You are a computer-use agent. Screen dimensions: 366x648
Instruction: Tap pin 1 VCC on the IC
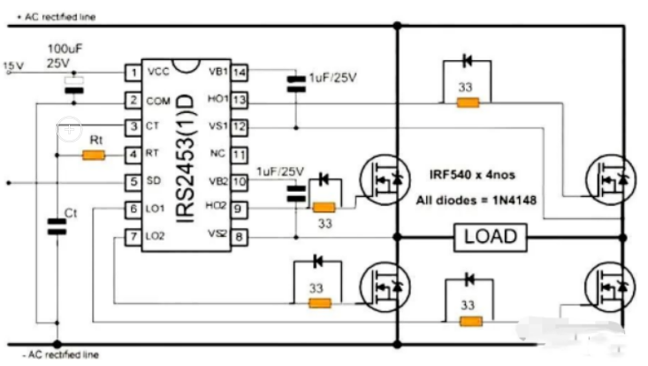(x=133, y=72)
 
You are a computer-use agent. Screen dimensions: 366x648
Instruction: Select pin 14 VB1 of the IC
(x=240, y=72)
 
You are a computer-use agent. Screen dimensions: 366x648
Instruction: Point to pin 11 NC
(x=240, y=154)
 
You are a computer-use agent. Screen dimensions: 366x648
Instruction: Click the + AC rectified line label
(x=50, y=17)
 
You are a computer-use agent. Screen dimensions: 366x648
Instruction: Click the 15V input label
(x=14, y=65)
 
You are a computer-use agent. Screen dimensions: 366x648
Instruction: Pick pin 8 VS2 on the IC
(x=240, y=237)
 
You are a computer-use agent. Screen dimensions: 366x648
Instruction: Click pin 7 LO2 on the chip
(x=133, y=237)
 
